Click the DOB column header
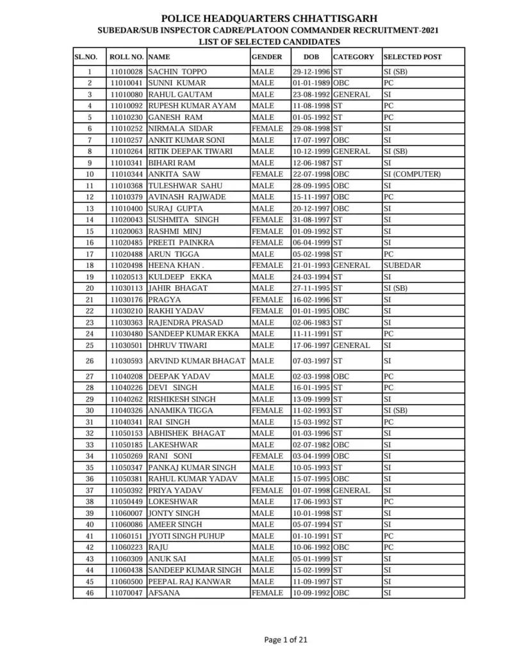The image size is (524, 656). (311, 57)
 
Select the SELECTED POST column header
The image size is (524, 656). (413, 57)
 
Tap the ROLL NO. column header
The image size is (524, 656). (126, 57)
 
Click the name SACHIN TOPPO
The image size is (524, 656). (177, 72)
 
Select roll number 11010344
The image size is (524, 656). (126, 174)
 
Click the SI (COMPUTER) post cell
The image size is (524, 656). (412, 174)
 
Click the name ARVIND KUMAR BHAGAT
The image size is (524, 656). (197, 361)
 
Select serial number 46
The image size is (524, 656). (90, 593)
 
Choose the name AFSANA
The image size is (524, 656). (164, 593)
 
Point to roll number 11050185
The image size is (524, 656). (126, 445)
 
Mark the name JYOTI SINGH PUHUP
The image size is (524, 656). (186, 536)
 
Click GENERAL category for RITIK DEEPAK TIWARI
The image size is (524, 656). (351, 152)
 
